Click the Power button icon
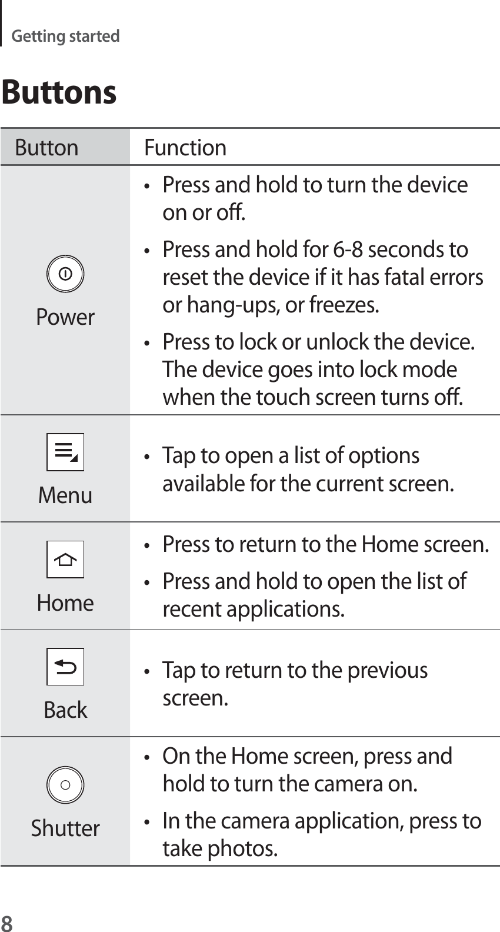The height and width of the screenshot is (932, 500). coord(65,274)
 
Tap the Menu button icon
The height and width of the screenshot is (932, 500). coord(65,452)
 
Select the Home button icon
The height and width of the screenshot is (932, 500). coord(65,560)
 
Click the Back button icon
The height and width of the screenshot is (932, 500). coord(65,667)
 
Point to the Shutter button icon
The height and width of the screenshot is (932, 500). coord(65,785)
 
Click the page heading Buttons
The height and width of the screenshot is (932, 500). coord(59,92)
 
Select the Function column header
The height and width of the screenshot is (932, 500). coord(185,148)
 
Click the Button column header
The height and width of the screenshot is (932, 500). coord(46,148)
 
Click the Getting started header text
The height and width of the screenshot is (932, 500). coord(65,36)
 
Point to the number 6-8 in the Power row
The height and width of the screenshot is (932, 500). coord(347,249)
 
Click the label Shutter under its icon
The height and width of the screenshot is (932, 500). coord(65,828)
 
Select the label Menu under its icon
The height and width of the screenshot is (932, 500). coord(65,495)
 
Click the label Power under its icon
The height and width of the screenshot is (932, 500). coord(65,317)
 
